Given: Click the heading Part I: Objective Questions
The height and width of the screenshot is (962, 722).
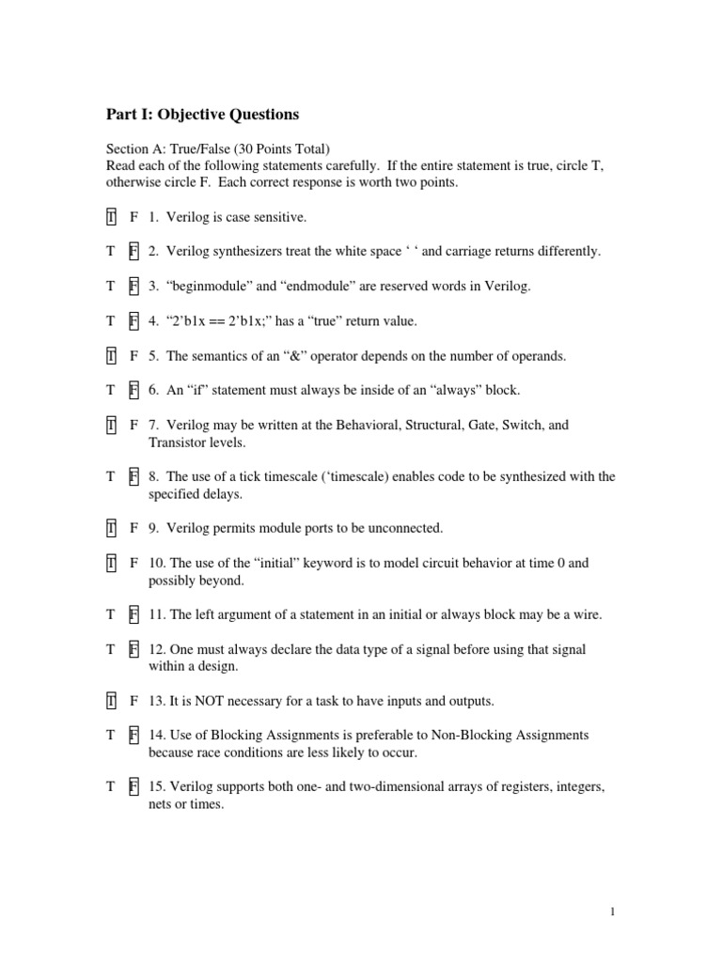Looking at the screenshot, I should [202, 115].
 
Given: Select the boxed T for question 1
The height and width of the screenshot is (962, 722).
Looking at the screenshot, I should [111, 217].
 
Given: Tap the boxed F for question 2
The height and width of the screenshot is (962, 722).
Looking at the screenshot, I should [133, 252].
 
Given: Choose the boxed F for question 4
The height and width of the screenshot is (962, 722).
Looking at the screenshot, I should [133, 321].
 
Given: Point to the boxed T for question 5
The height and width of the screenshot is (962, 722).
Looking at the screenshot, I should [111, 356].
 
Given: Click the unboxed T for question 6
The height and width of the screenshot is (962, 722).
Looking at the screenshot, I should [111, 390].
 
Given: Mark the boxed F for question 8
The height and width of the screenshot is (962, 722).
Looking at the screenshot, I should [133, 476].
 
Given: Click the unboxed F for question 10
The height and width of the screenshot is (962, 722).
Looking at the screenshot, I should [133, 563].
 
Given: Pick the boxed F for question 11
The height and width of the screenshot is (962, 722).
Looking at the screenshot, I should [133, 614].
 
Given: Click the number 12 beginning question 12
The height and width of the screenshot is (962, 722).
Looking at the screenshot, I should [156, 649].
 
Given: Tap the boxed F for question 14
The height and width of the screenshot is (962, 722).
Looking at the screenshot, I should [133, 735].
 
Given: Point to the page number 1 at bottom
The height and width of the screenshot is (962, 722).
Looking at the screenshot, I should [611, 911].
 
